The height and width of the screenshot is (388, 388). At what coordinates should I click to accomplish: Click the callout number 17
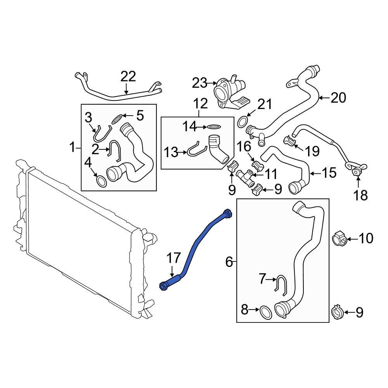point(174,258)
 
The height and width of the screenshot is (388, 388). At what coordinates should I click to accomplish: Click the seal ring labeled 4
point(101,181)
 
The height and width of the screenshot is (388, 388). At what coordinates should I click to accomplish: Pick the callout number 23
point(201,83)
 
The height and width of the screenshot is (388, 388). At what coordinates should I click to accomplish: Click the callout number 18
point(361,195)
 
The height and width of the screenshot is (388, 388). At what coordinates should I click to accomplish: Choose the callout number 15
point(329,173)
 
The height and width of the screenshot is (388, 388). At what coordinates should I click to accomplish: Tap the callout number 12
point(200,104)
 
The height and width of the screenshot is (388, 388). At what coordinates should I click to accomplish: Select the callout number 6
point(229,263)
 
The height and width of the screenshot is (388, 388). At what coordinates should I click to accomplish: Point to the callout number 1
point(72,147)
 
